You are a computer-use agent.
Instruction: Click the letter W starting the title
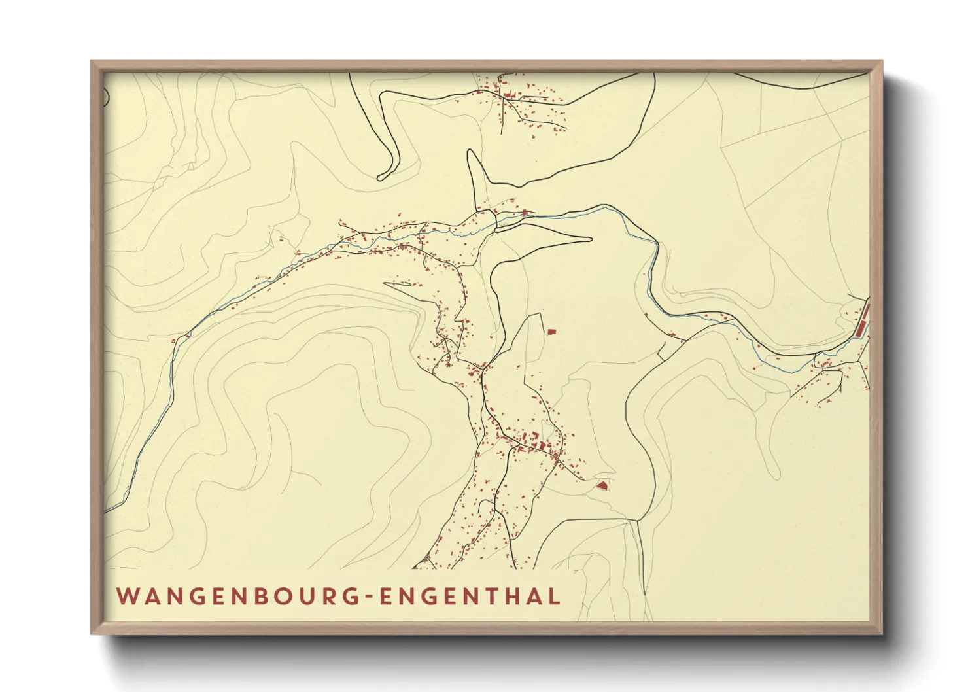128,597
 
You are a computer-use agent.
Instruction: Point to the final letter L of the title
555,597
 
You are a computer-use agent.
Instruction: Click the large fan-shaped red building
602,485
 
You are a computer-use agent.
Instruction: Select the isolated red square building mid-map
551,332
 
